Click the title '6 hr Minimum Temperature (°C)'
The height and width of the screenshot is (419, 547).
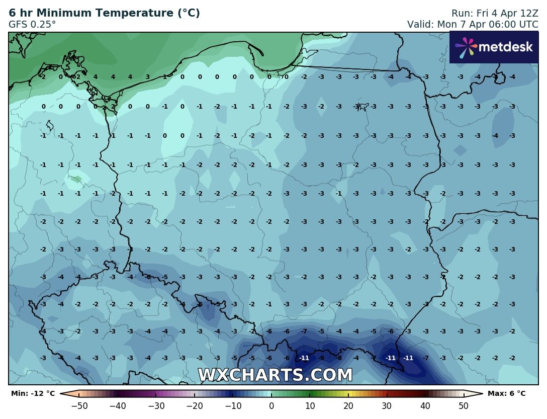click(104, 14)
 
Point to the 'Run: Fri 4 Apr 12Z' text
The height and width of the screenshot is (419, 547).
click(487, 14)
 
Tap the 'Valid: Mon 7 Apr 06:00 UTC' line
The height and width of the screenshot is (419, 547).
click(473, 24)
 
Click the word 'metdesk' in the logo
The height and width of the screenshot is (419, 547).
click(505, 47)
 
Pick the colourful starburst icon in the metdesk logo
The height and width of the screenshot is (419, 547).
click(465, 47)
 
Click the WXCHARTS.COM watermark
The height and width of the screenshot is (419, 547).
click(275, 375)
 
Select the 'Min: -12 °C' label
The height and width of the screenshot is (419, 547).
click(33, 393)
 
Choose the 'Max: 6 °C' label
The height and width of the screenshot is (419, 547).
click(506, 393)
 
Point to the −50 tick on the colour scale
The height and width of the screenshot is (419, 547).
click(79, 405)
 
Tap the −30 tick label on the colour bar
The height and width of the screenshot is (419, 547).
click(156, 405)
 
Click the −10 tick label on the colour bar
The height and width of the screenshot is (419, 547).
click(233, 405)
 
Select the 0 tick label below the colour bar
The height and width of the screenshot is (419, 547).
click(271, 405)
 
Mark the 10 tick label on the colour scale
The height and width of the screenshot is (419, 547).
click(310, 405)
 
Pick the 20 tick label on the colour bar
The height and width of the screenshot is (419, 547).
click(348, 405)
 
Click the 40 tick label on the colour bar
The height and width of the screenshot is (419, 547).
click(425, 405)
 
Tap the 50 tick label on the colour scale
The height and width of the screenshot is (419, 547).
click(464, 405)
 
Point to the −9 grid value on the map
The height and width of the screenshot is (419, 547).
click(322, 358)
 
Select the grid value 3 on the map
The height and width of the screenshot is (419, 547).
click(147, 77)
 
